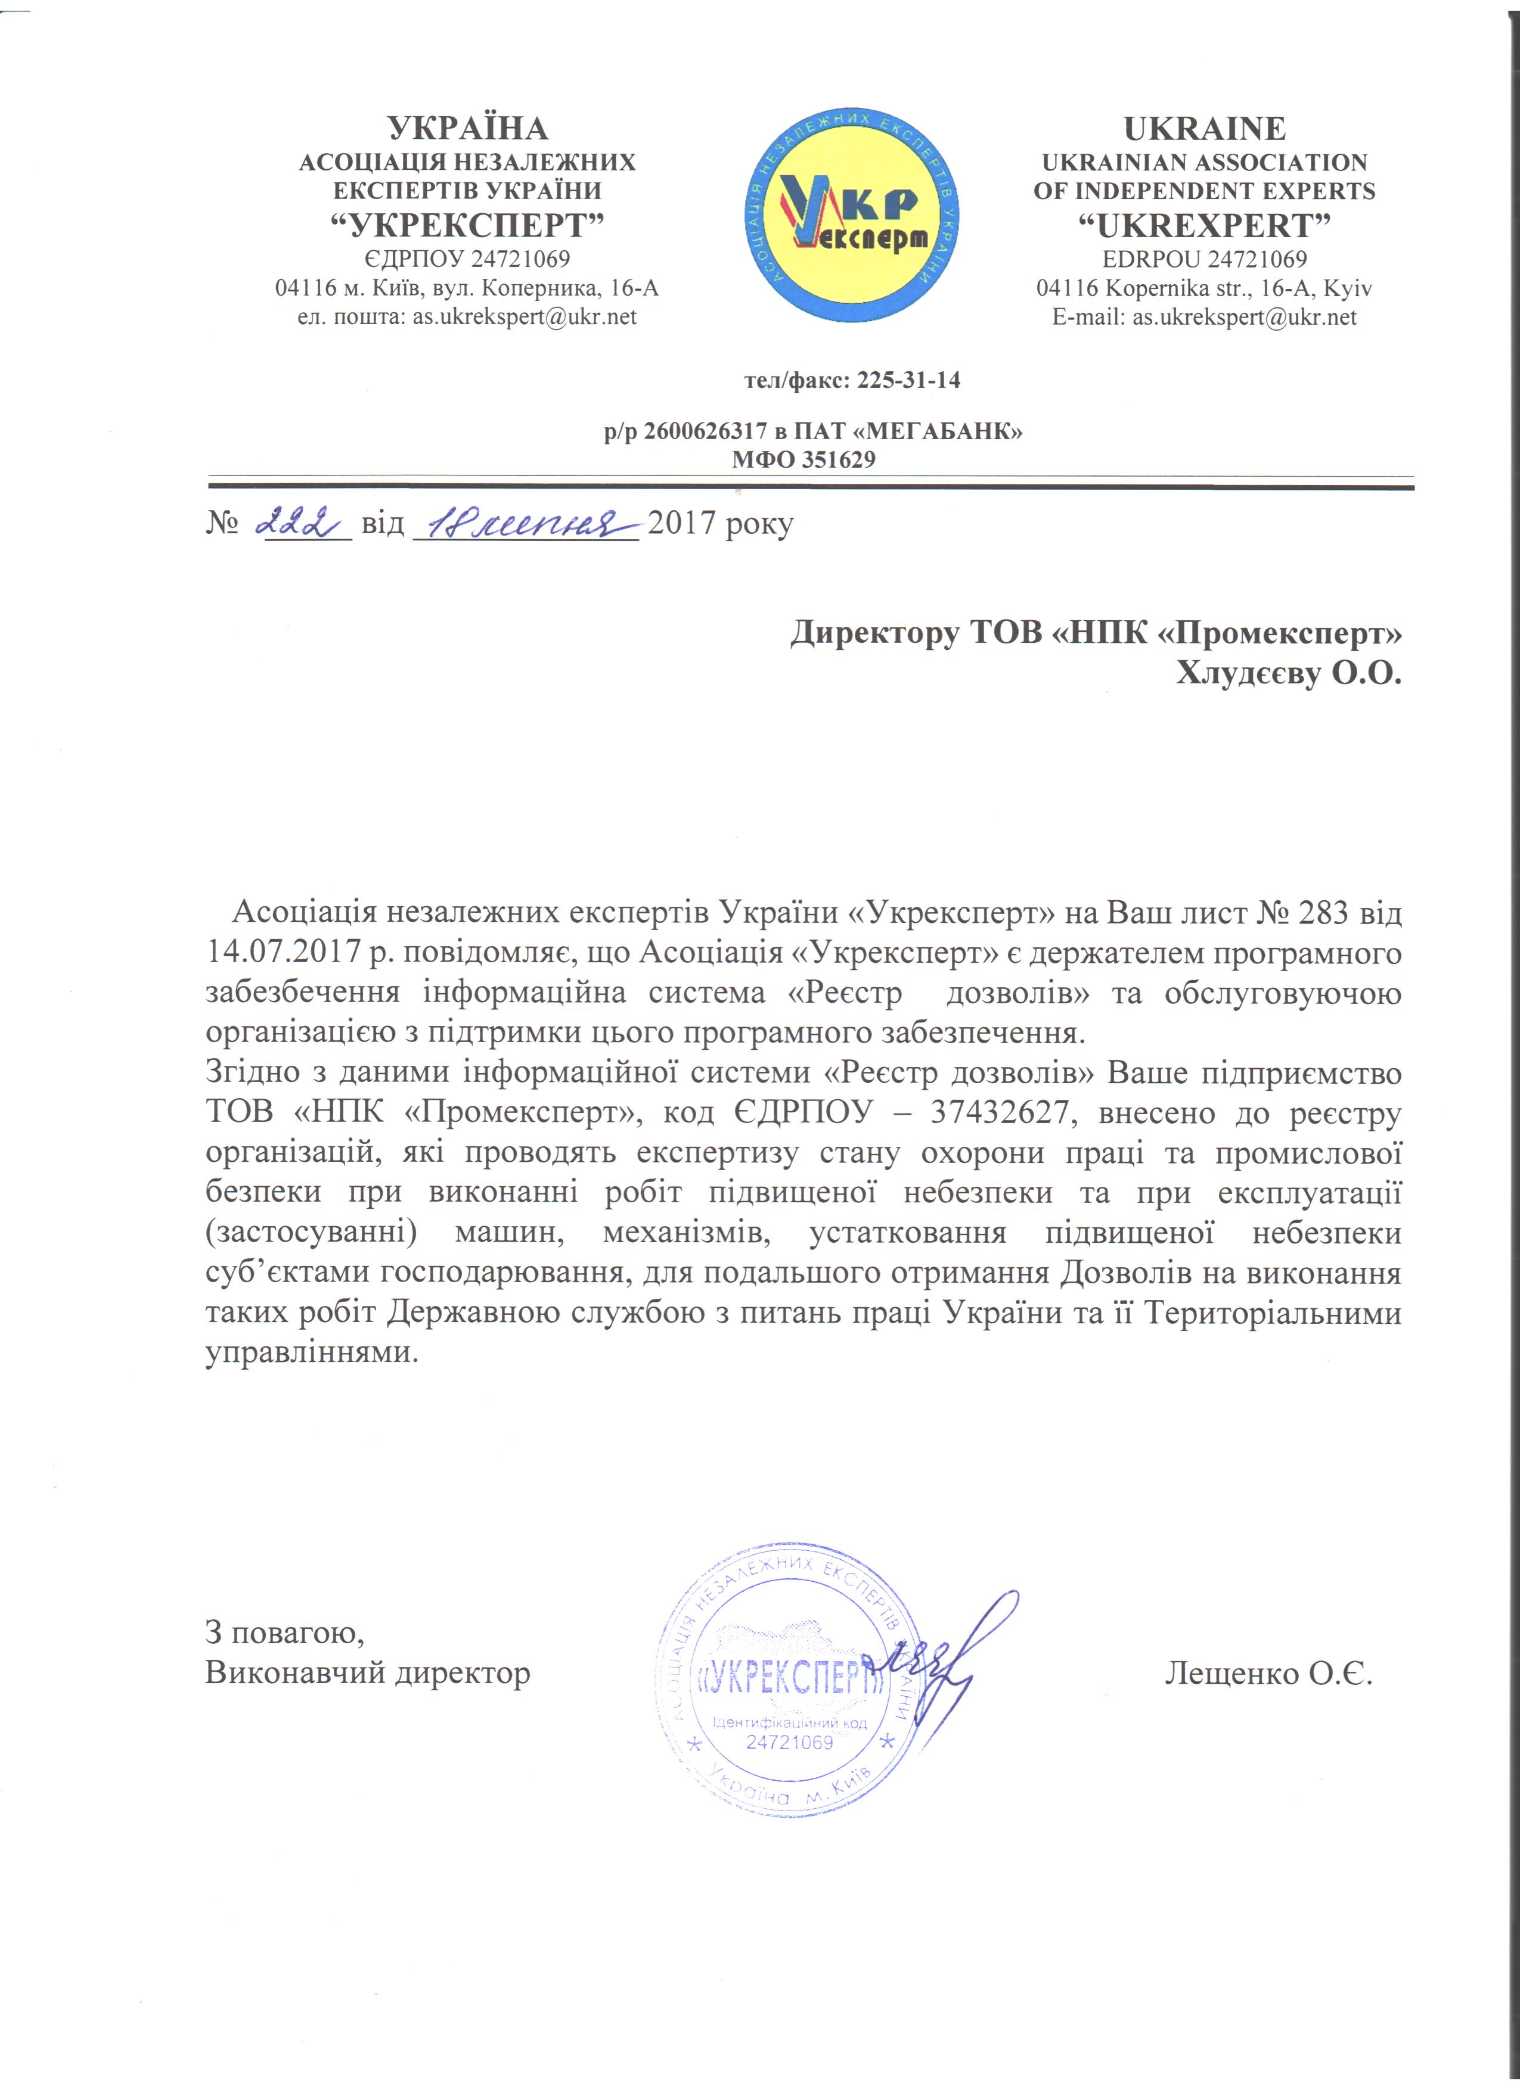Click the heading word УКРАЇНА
point(467,128)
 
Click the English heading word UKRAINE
point(1204,128)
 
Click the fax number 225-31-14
point(908,380)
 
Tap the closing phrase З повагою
point(284,1634)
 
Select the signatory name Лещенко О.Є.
point(1268,1672)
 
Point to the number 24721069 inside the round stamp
point(789,1741)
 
